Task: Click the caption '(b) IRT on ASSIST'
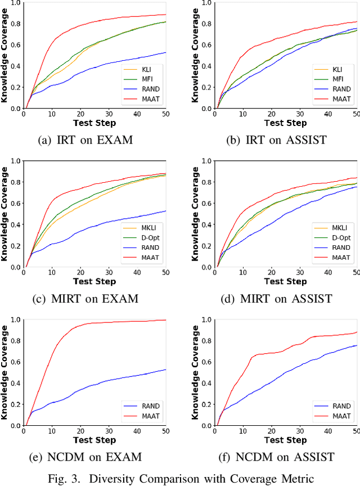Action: click(277, 139)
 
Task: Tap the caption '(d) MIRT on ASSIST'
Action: click(277, 298)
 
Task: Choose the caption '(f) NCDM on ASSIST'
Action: click(277, 457)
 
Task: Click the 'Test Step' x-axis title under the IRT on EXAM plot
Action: click(95, 123)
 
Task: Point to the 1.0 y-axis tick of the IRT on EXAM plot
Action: click(16, 3)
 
